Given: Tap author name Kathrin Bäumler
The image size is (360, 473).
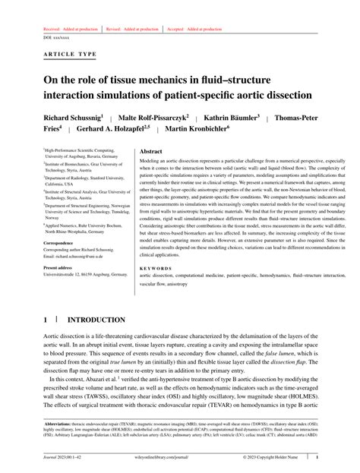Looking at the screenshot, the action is pyautogui.click(x=231, y=118).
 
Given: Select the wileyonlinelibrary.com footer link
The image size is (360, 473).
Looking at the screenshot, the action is pyautogui.click(x=179, y=458).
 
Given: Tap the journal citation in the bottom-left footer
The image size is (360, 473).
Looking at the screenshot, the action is pyautogui.click(x=65, y=458).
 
